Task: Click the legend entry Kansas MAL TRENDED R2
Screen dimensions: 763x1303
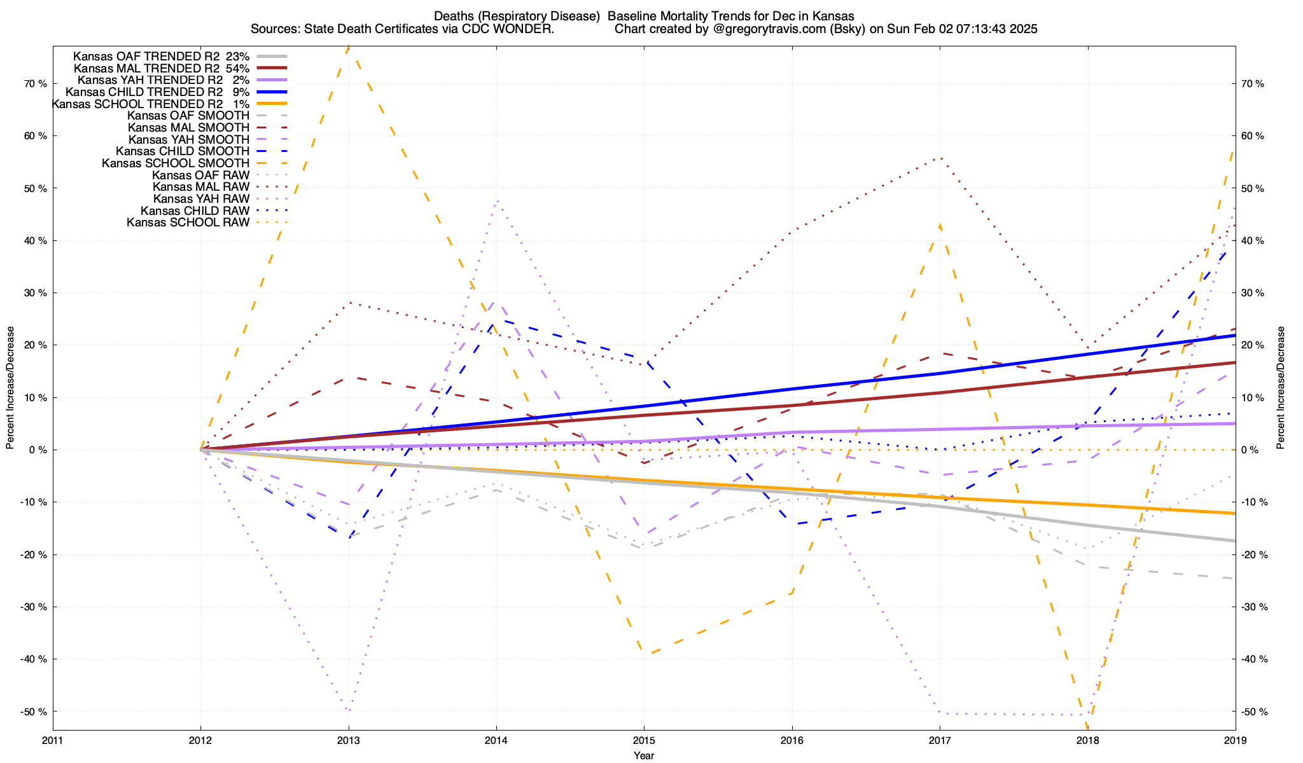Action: pos(146,68)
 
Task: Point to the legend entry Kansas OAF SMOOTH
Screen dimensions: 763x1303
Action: pos(188,116)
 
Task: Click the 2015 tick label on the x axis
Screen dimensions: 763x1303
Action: pos(644,740)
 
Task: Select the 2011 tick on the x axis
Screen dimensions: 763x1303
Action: pos(53,740)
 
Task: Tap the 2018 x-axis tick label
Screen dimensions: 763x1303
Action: pos(1087,740)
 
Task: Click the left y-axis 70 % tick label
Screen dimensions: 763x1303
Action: pos(35,84)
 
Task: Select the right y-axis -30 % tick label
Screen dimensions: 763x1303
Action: pos(1255,607)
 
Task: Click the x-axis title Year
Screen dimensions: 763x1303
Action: pos(644,755)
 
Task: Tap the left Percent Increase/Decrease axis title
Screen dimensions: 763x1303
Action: pos(10,388)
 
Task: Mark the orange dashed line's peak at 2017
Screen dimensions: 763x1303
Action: pos(940,224)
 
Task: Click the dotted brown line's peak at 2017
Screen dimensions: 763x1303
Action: pos(940,158)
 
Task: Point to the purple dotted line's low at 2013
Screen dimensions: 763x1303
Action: pos(349,711)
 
